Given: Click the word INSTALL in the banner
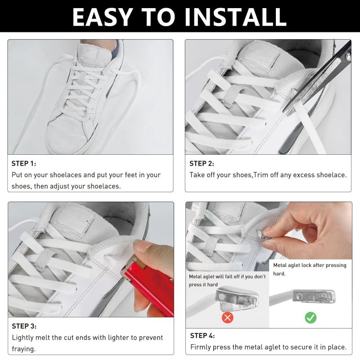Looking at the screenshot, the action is click(235, 17).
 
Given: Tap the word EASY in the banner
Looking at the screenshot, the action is click(103, 17).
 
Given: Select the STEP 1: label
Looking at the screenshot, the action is click(24, 163).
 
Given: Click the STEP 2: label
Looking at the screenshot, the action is click(202, 163).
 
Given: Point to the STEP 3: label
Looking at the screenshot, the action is click(24, 326).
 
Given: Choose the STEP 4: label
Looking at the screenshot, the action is click(202, 336).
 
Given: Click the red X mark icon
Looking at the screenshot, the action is click(228, 318).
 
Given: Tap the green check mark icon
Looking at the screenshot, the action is click(310, 318).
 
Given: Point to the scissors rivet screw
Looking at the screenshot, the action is click(349, 56).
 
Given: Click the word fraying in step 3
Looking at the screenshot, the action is click(24, 349).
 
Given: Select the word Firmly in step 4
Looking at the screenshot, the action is click(200, 347).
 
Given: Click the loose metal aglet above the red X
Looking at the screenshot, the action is click(237, 298).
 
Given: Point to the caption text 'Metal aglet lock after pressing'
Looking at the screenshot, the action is click(310, 265).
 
